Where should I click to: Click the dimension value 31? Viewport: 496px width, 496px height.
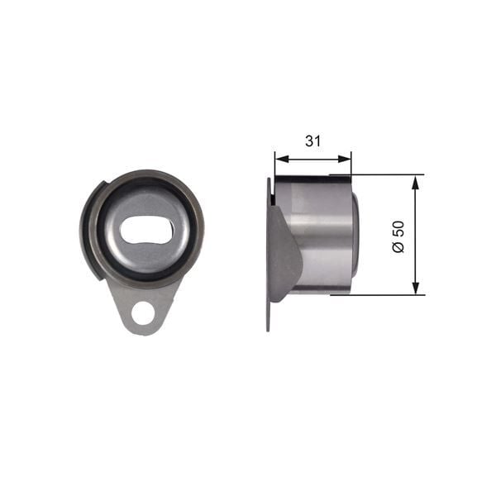point(312,141)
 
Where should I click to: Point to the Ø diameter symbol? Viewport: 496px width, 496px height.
point(398,248)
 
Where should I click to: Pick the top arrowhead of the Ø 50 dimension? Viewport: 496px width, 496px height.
point(414,180)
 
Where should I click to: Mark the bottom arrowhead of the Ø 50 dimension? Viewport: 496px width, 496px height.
point(414,289)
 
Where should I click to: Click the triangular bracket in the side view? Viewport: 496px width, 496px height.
point(286,252)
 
